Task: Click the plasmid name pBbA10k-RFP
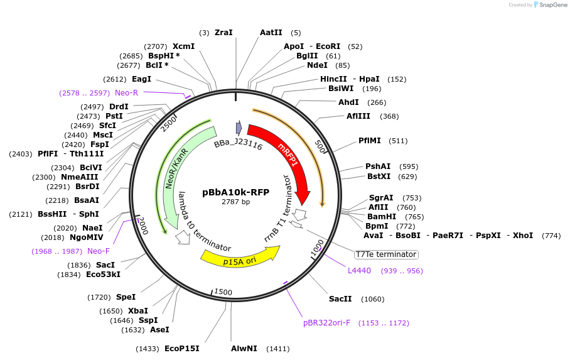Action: pos(235,192)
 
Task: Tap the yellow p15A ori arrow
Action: pos(239,255)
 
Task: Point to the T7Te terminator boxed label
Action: pos(385,254)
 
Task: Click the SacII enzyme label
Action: pos(340,299)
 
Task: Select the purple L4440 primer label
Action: pos(359,271)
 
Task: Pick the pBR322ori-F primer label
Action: pos(326,323)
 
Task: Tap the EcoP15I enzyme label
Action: pos(181,348)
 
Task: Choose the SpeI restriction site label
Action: pos(126,297)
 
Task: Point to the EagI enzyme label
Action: pos(141,79)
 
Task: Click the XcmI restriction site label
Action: pos(183,46)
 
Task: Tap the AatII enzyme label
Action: pos(271,33)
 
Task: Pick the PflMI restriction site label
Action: pos(370,141)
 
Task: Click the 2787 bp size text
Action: pos(235,202)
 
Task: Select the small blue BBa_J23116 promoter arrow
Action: pos(239,128)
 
